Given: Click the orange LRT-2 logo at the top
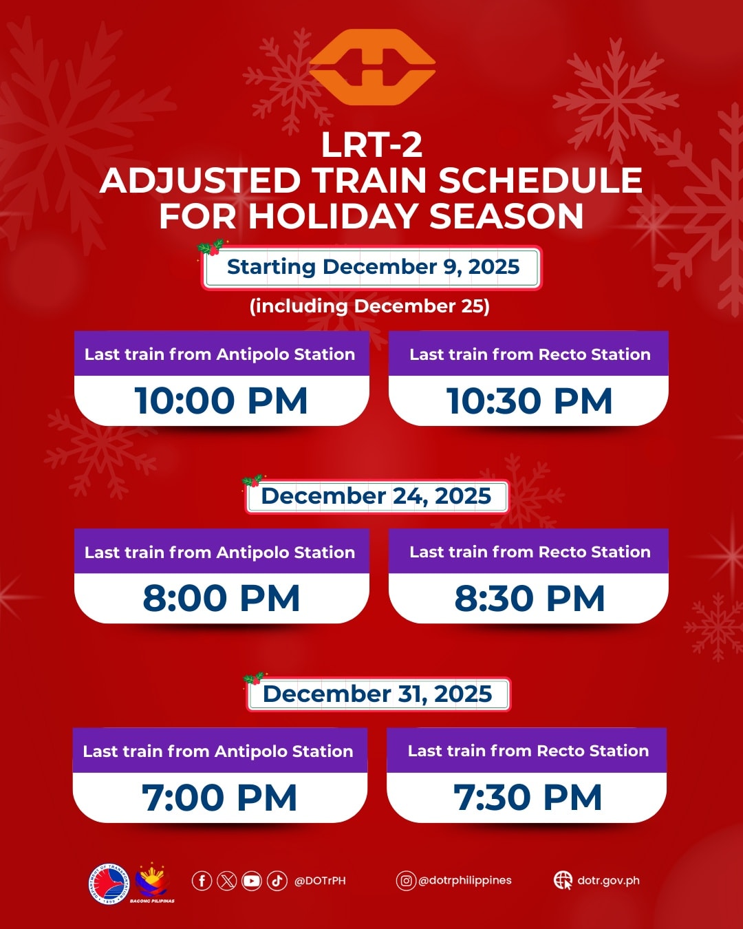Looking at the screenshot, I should (372, 67).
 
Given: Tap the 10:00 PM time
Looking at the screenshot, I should (221, 401).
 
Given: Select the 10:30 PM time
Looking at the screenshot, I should (529, 401).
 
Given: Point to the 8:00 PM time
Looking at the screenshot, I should (221, 598).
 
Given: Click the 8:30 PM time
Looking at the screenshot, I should (529, 598).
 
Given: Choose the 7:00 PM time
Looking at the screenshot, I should (219, 798).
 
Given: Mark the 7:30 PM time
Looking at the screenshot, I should (528, 798).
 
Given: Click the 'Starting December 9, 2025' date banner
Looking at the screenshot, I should (372, 267).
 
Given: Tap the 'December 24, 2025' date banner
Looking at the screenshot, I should (376, 496).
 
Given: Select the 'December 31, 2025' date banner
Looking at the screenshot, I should (378, 694).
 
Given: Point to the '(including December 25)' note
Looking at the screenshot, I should (369, 306).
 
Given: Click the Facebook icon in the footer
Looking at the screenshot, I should (202, 881).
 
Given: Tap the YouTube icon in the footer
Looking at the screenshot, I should (252, 881).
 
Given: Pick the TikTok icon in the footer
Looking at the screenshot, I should (277, 881).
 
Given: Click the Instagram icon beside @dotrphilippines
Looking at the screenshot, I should (406, 881).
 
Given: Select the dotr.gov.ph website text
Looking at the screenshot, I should (608, 881).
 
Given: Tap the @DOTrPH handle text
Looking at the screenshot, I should (320, 881).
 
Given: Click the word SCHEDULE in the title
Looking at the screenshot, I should (540, 181).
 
